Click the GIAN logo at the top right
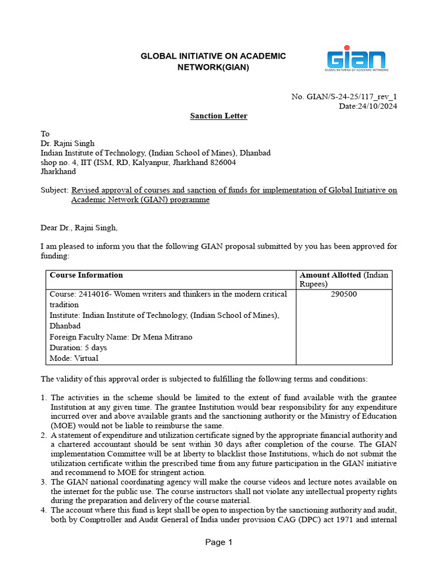tap(357, 60)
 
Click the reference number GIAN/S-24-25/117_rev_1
tap(352, 96)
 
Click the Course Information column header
tap(86, 275)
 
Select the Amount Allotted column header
tap(330, 275)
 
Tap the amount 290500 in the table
tap(344, 294)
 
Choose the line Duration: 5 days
tap(78, 347)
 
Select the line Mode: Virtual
tap(72, 357)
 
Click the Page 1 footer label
tap(218, 542)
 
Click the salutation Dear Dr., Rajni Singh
tap(79, 228)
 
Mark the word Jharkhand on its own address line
tap(58, 172)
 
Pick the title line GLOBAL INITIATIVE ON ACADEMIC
tap(213, 56)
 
